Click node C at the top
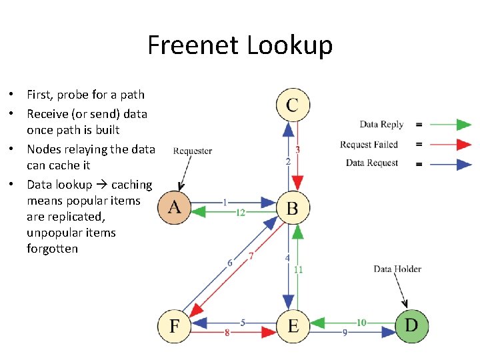pyautogui.click(x=293, y=105)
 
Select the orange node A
pyautogui.click(x=174, y=207)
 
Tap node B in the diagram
pyautogui.click(x=292, y=207)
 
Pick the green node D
pyautogui.click(x=411, y=326)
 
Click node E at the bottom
pyautogui.click(x=293, y=327)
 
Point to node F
pyautogui.click(x=174, y=327)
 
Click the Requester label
pyautogui.click(x=192, y=151)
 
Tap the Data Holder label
pyautogui.click(x=397, y=269)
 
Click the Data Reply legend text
pyautogui.click(x=381, y=124)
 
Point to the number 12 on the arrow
pyautogui.click(x=240, y=212)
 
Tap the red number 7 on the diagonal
pyautogui.click(x=251, y=255)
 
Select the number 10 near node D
pyautogui.click(x=361, y=323)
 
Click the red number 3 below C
pyautogui.click(x=297, y=150)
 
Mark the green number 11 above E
pyautogui.click(x=298, y=269)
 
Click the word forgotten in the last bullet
pyautogui.click(x=52, y=249)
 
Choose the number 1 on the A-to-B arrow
pyautogui.click(x=225, y=201)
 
